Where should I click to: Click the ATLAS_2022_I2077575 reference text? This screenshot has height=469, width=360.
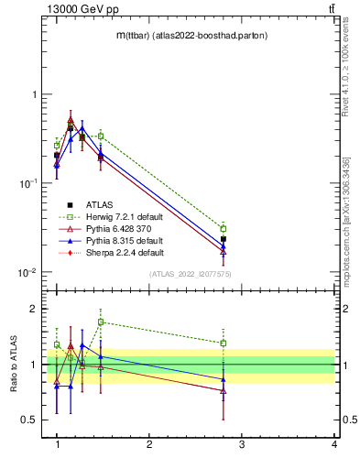190,274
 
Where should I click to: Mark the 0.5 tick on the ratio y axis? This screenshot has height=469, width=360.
32,420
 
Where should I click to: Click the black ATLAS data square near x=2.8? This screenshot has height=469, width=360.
223,239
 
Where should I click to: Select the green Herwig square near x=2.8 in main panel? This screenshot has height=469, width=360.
223,228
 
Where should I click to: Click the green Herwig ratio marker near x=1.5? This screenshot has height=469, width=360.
101,322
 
